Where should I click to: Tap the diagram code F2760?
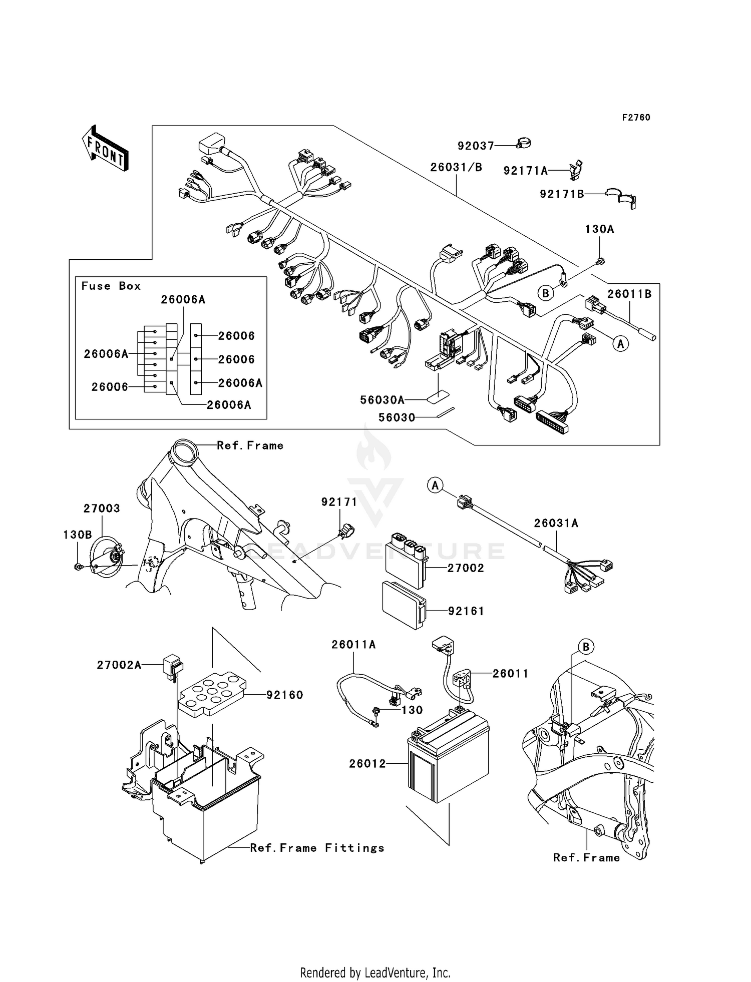(636, 118)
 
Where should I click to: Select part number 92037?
(476, 146)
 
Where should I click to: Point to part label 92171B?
(562, 194)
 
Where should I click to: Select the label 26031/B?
(456, 167)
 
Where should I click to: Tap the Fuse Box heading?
(111, 286)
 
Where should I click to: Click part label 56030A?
(382, 400)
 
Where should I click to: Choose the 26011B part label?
(629, 294)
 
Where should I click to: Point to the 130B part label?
(77, 535)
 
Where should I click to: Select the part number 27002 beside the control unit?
(466, 568)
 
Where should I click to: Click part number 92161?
(466, 611)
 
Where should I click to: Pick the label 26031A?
(556, 523)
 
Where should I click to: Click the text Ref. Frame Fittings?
(317, 848)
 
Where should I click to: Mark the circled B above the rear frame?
(586, 647)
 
